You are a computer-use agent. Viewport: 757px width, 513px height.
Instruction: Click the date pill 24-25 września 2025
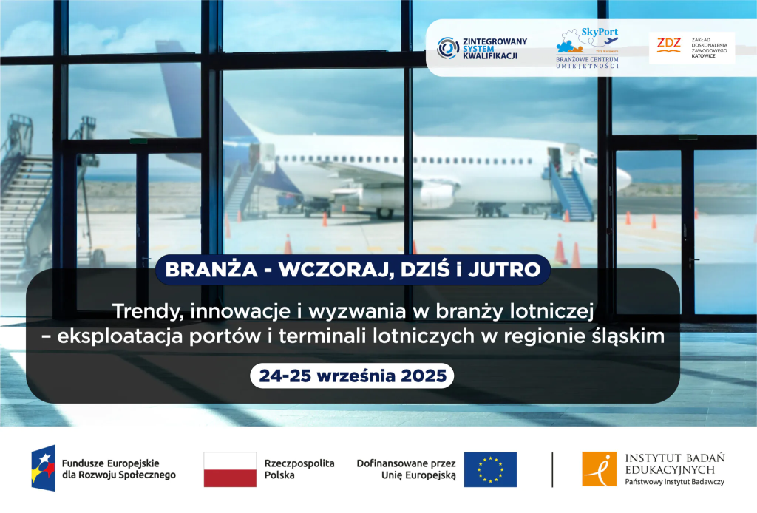pos(352,376)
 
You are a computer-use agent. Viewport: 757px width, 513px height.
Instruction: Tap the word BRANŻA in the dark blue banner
pos(211,270)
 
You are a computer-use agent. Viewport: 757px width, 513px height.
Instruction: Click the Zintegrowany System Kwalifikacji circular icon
pos(448,48)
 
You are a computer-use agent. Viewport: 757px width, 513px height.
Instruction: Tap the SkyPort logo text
pos(599,32)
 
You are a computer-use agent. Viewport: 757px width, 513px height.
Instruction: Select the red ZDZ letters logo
pos(668,44)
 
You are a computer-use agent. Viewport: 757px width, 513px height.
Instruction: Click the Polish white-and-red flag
pos(230,469)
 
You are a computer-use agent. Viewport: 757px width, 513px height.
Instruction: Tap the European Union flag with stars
pos(491,469)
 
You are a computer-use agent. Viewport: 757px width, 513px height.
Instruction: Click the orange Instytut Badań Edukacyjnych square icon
pos(599,469)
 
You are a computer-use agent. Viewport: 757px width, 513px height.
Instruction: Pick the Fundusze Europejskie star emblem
pos(44,468)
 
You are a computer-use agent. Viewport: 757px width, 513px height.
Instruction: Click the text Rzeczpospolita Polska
pos(299,469)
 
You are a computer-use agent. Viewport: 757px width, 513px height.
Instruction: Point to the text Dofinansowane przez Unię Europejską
pos(406,469)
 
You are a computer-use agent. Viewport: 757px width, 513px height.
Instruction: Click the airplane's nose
pos(625,179)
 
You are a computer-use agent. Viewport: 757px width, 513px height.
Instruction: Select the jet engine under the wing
pos(436,194)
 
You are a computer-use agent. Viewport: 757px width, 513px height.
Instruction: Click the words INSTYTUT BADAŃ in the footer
pos(675,458)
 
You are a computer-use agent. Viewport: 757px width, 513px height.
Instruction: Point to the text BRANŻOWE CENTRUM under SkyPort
pos(587,59)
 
